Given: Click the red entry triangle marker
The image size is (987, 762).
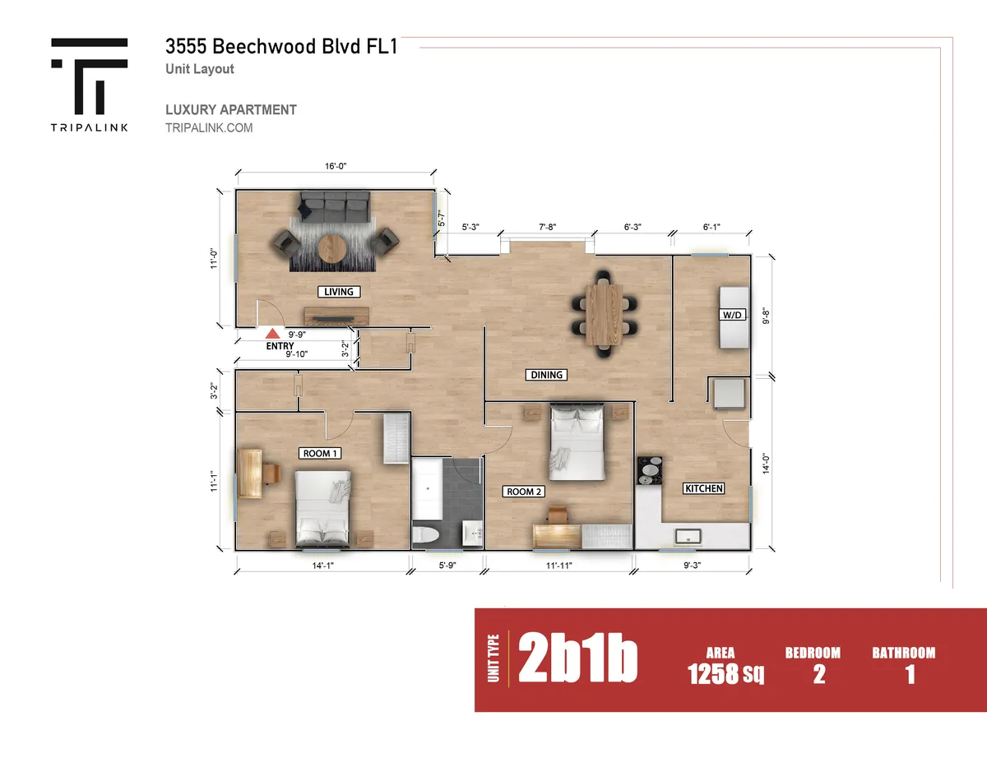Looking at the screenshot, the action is click(x=272, y=334).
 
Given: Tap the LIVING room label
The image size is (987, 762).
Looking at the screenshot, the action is click(x=339, y=292).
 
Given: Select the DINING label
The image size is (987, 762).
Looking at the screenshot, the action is click(x=546, y=375).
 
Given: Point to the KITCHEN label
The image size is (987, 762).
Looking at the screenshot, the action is click(x=703, y=488).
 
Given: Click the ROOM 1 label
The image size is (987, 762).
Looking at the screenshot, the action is click(x=320, y=454).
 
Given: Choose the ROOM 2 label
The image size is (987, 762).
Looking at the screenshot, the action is click(x=524, y=492).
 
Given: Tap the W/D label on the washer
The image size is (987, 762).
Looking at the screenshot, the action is click(x=732, y=315).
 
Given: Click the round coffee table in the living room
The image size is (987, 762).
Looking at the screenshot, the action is click(x=332, y=249).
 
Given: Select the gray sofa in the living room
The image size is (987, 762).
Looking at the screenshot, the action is click(x=335, y=207).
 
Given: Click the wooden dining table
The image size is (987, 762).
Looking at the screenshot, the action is click(x=604, y=314).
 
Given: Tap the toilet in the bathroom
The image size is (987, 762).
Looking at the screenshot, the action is click(x=426, y=535).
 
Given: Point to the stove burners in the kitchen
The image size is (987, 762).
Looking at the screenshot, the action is click(x=650, y=471).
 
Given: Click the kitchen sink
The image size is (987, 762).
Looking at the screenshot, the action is click(x=688, y=537).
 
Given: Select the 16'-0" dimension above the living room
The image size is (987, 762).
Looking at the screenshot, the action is click(x=336, y=166).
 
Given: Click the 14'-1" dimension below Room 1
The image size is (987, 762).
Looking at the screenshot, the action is click(x=323, y=566).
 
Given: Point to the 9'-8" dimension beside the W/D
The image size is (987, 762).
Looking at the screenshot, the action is click(x=767, y=316).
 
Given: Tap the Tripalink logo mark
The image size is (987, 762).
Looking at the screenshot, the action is click(x=89, y=76).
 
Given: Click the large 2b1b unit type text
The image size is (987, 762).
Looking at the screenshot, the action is click(x=577, y=658).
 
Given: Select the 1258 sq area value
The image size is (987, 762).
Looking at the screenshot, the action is click(x=725, y=674).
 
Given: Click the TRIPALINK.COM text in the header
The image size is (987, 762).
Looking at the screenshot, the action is click(x=209, y=128).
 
